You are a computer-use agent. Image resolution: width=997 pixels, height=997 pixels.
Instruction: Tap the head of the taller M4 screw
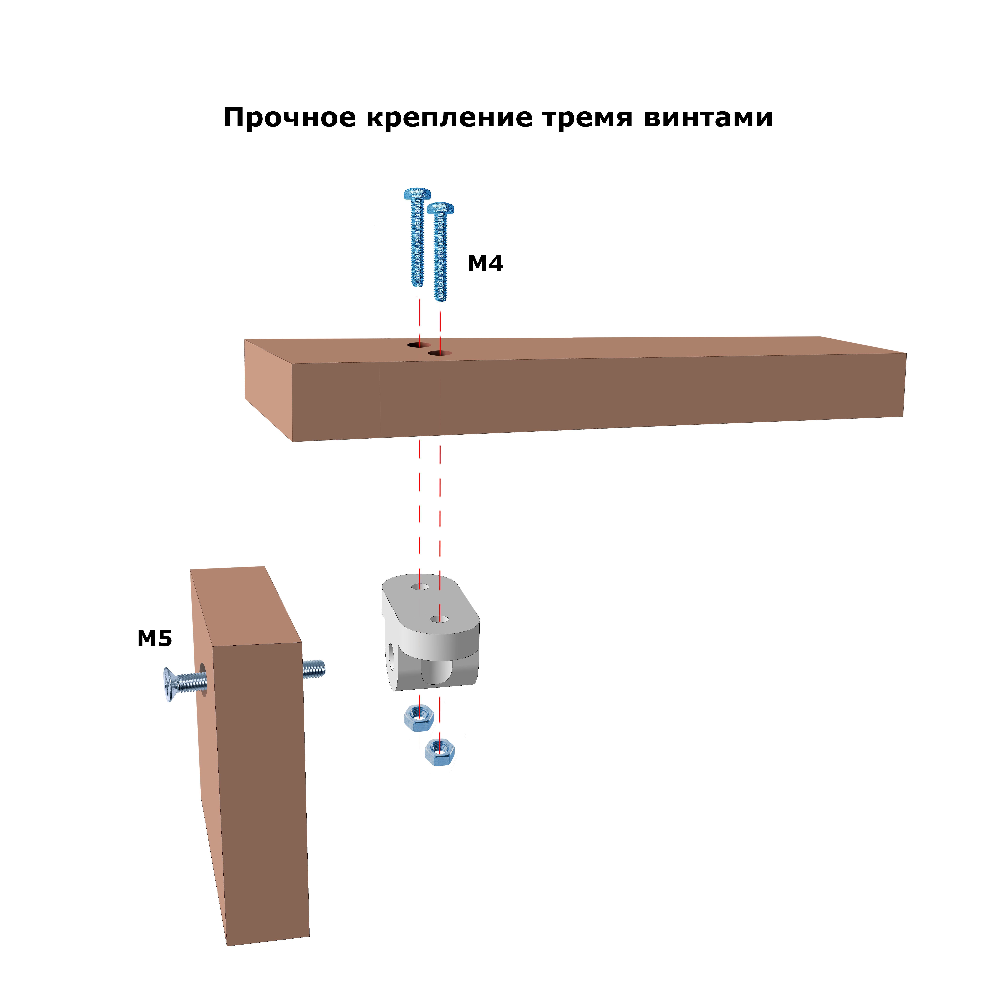tap(417, 194)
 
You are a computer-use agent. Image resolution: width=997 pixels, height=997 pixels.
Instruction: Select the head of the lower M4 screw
tap(440, 208)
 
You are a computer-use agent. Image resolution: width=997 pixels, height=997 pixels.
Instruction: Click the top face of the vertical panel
tap(245, 606)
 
